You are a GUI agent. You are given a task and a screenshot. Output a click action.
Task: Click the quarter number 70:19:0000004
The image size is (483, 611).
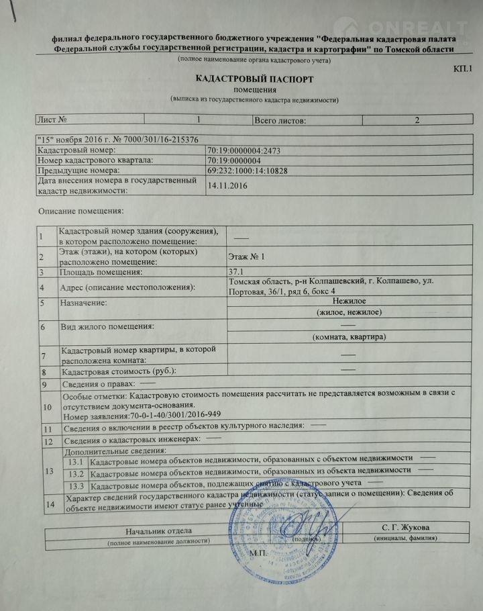click(x=235, y=160)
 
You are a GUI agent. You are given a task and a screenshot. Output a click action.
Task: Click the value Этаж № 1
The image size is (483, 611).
click(x=248, y=256)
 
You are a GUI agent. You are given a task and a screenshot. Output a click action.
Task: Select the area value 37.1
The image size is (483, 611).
click(x=237, y=272)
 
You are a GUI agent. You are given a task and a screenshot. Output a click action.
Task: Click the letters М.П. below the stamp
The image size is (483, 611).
click(x=258, y=553)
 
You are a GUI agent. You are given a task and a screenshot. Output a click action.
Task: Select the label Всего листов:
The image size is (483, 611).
click(x=280, y=120)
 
